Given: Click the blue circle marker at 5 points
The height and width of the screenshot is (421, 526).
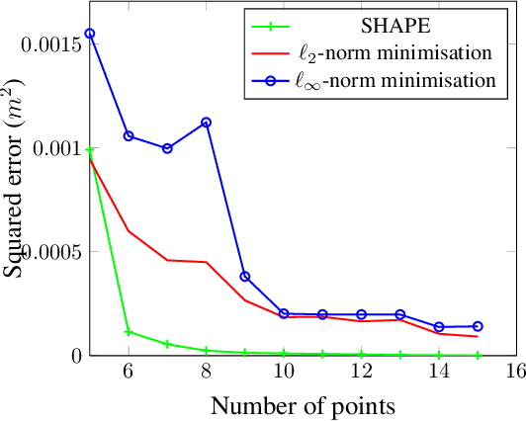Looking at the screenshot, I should coord(90,34).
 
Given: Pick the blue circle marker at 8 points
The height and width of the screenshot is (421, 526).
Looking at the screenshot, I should coord(206,123).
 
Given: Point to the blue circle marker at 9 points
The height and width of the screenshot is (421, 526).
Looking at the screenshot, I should coord(245,277).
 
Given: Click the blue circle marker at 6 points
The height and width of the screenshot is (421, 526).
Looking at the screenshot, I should coord(129,136).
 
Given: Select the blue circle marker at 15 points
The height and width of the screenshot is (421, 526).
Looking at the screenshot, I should coord(478,326).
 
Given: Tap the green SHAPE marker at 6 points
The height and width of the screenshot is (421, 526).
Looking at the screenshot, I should coord(129,332).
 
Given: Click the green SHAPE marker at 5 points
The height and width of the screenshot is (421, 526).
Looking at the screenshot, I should coord(90,150).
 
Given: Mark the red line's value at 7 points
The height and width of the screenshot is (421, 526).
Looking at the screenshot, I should coord(167,260).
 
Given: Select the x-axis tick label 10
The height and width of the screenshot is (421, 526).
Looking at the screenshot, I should coord(283,373).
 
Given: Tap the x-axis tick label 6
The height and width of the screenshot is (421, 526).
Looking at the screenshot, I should coord(129,373).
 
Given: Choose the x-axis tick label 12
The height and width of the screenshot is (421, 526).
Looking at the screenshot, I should coord(361,373).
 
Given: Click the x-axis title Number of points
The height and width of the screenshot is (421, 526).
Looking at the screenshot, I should coord(302,405).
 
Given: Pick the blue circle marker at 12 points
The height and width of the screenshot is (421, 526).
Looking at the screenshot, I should coord(361,314).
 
